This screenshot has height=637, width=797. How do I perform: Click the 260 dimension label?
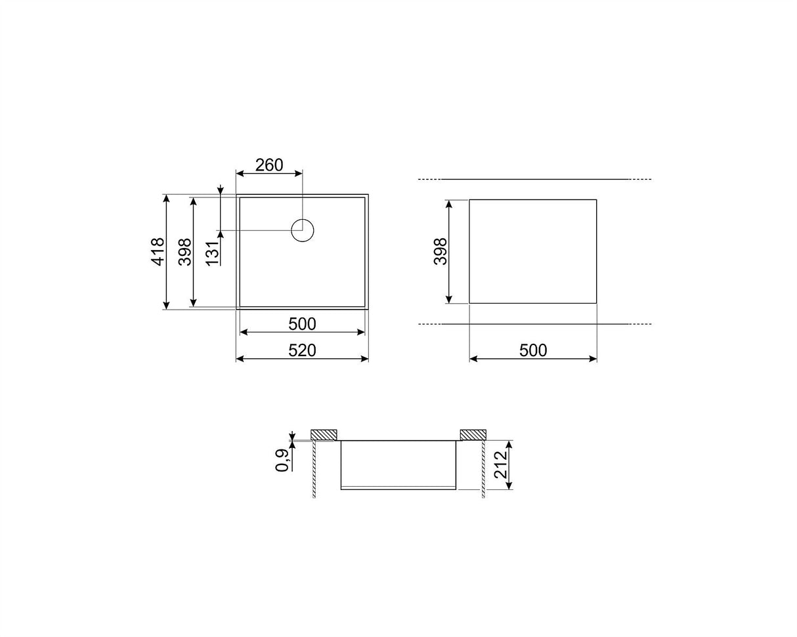[x=269, y=165]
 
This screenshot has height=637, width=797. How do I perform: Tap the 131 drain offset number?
[x=211, y=253]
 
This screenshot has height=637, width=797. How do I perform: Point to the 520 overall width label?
[x=302, y=351]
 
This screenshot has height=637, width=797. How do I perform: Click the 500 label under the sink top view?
[x=302, y=324]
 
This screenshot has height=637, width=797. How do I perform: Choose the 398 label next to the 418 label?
[x=185, y=251]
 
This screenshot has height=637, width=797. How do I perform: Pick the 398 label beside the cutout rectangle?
[x=440, y=251]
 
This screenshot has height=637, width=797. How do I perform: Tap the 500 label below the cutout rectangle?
[x=532, y=351]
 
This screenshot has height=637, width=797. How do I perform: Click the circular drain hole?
[x=303, y=230]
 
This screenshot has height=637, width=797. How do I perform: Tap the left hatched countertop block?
[x=324, y=434]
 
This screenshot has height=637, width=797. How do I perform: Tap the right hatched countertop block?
[x=473, y=434]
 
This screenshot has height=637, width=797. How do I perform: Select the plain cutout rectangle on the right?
[x=532, y=251]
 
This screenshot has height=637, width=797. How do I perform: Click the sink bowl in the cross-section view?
[x=398, y=464]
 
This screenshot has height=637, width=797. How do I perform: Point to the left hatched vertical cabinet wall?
[x=314, y=468]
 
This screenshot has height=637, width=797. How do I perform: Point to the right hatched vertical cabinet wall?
[x=483, y=468]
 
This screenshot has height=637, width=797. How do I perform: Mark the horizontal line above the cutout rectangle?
[x=535, y=179]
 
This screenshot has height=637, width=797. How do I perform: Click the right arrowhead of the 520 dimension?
[x=365, y=358]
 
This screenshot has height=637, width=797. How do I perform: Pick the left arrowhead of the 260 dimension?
[x=240, y=173]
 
